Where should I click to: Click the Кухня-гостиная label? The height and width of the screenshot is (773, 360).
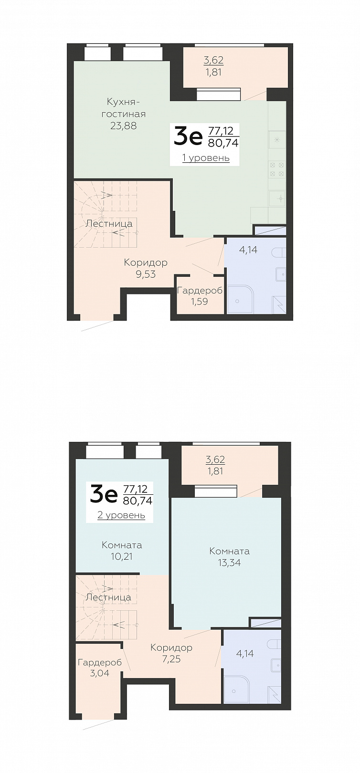click(x=123, y=108)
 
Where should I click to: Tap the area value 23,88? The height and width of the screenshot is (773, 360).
click(x=123, y=126)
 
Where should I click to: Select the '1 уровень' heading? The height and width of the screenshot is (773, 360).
click(x=206, y=158)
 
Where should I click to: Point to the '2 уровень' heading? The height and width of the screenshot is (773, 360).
click(x=121, y=515)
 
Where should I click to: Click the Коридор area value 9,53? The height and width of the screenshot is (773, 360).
click(x=146, y=274)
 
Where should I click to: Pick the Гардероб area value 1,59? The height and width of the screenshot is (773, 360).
click(x=200, y=302)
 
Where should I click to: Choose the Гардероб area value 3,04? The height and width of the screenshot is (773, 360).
click(x=99, y=673)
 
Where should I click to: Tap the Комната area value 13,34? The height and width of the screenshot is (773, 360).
click(x=229, y=563)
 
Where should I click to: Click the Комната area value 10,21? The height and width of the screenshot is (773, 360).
click(x=122, y=556)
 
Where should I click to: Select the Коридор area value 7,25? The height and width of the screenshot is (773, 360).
click(x=171, y=659)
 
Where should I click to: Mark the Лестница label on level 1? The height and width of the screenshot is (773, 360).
click(x=109, y=224)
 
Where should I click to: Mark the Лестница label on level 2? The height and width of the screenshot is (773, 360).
click(x=108, y=597)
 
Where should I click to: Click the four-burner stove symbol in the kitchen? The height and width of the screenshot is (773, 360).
click(x=277, y=169)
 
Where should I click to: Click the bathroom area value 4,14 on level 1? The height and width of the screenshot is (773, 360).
click(x=248, y=250)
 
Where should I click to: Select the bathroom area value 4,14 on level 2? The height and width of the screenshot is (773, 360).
click(x=245, y=653)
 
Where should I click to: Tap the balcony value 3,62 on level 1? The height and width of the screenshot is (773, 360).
click(x=213, y=60)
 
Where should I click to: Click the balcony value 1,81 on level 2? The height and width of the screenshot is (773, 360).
click(x=215, y=471)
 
